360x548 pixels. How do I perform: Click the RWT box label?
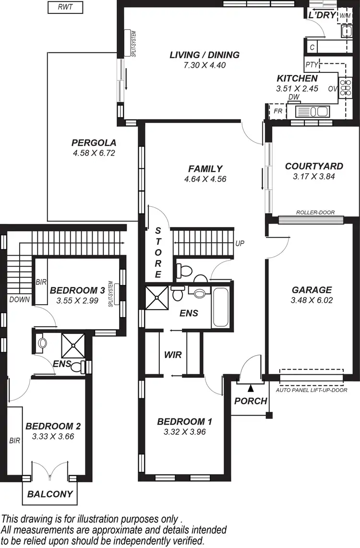65,8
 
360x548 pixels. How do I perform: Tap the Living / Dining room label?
204,55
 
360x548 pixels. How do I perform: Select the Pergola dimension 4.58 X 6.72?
94,154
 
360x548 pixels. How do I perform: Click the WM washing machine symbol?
345,16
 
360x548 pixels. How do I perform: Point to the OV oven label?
332,89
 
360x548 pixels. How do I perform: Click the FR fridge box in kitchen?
277,111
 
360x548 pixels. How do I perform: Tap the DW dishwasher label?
294,97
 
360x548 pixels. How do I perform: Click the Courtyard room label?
314,167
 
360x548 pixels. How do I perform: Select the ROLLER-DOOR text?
315,213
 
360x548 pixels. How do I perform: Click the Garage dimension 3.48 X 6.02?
312,300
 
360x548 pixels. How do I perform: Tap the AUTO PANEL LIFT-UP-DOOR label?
312,391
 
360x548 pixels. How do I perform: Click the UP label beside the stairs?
240,243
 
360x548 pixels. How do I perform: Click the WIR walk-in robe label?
172,355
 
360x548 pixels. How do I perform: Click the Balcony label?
50,494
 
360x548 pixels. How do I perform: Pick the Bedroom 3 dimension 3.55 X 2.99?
77,301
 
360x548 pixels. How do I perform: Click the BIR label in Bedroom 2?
15,440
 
